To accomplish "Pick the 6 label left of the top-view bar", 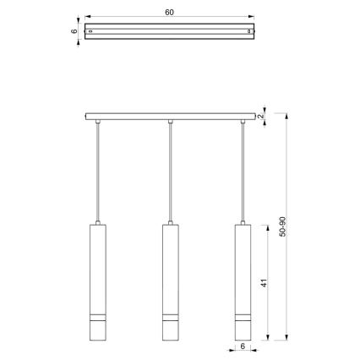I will tap(74, 30).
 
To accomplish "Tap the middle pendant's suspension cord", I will tap(171, 169).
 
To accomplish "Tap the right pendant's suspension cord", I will tap(243, 169).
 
